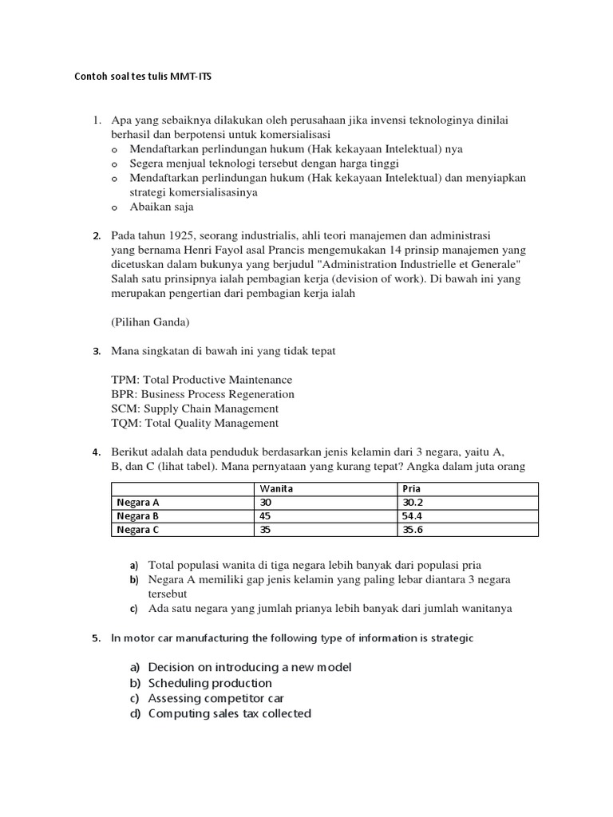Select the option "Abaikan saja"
pos(161,207)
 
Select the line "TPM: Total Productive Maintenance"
pos(202,380)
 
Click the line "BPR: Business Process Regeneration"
pos(203,394)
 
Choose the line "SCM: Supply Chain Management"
pos(196,408)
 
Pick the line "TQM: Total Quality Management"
pos(196,423)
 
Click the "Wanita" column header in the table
pos(276,488)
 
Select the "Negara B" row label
pos(138,515)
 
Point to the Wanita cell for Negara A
pos(266,502)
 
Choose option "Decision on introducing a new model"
pos(249,667)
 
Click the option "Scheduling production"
pos(210,683)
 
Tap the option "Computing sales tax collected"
pos(229,713)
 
